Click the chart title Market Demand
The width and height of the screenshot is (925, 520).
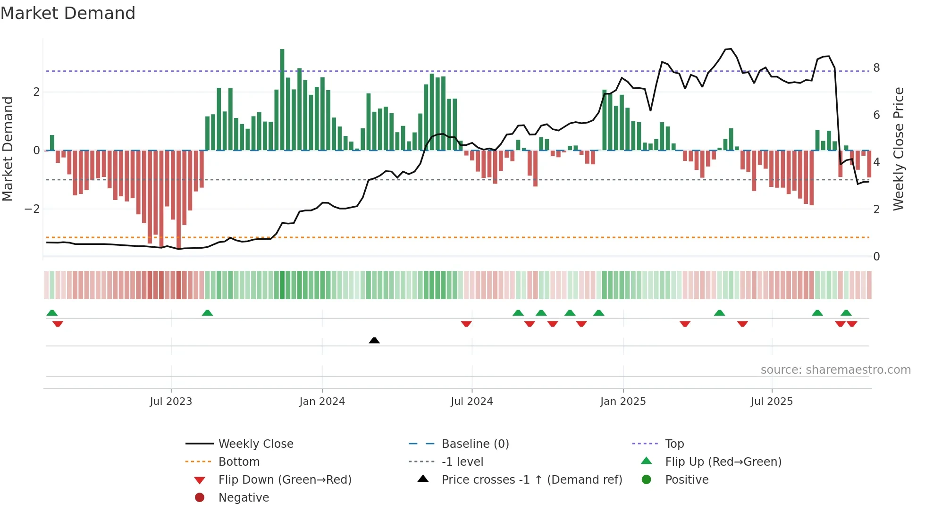click(68, 13)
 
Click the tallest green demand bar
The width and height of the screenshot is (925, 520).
click(282, 99)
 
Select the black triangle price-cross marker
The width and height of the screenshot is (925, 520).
click(374, 340)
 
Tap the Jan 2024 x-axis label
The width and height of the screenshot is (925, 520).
click(322, 402)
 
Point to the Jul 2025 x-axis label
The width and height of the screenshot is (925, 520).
click(772, 402)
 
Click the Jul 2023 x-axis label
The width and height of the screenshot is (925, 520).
click(171, 402)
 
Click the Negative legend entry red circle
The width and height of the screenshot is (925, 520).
click(200, 498)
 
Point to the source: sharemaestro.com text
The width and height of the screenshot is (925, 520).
click(835, 370)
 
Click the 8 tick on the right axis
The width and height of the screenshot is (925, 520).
click(876, 68)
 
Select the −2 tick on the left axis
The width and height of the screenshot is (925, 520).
click(32, 209)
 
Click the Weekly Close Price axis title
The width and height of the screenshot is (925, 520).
click(899, 149)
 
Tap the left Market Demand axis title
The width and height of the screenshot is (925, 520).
click(8, 149)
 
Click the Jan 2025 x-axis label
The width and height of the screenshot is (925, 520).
click(623, 402)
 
